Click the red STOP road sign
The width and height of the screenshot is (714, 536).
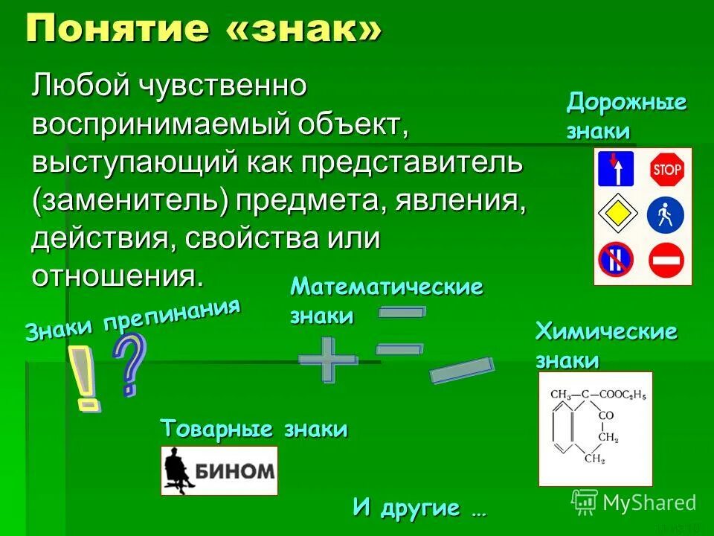[666, 170]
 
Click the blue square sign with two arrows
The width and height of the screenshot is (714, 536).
[616, 169]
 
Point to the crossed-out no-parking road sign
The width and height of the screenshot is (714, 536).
[616, 260]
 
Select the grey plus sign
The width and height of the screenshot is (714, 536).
[328, 360]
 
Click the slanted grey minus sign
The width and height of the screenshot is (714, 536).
[462, 370]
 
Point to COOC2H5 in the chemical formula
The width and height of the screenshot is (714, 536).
[619, 394]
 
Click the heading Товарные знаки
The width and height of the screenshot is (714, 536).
[254, 430]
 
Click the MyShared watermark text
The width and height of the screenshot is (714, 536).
[649, 502]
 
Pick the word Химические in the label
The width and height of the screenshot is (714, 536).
[606, 332]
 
